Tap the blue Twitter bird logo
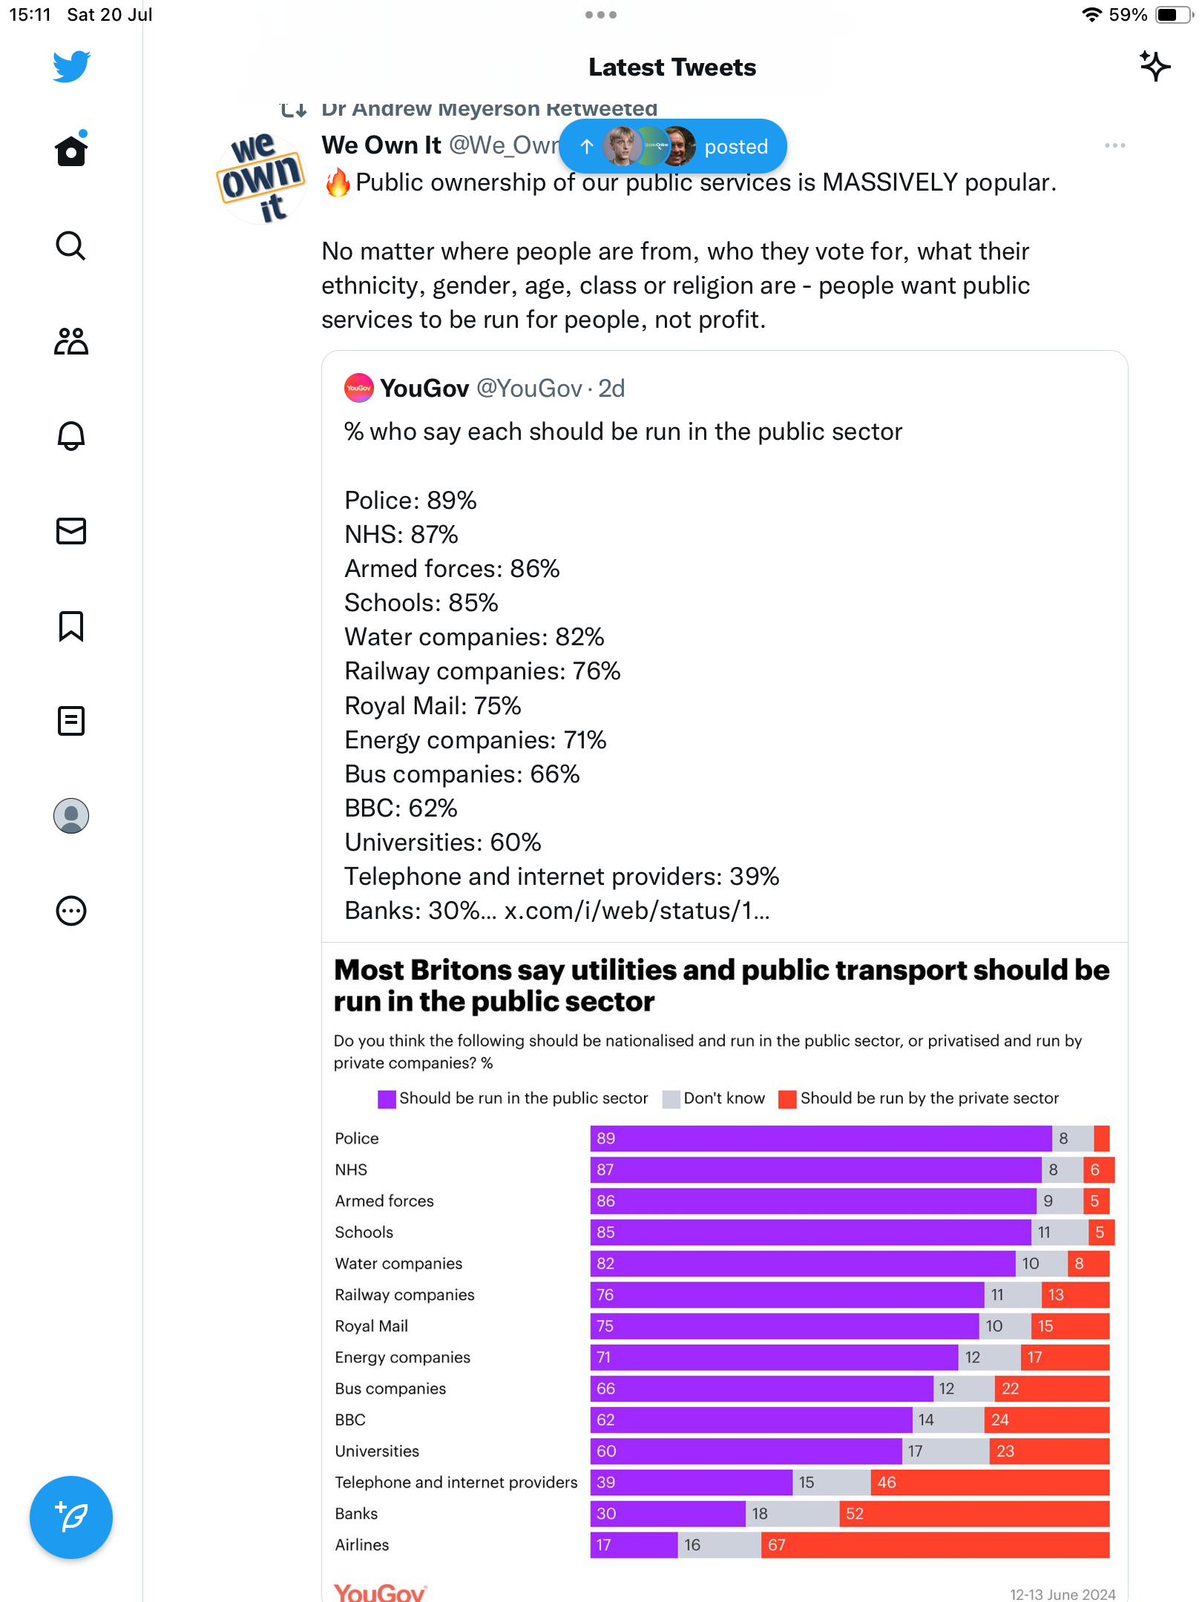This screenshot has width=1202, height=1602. pyautogui.click(x=71, y=66)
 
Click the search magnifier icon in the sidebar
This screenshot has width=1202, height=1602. pyautogui.click(x=71, y=246)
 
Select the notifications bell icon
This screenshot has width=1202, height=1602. pyautogui.click(x=71, y=435)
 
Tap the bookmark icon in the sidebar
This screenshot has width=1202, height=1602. pyautogui.click(x=71, y=626)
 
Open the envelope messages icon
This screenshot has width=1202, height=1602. pyautogui.click(x=71, y=531)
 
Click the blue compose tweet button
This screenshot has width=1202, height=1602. pyautogui.click(x=71, y=1517)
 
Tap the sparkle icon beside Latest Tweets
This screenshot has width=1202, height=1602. pyautogui.click(x=1155, y=67)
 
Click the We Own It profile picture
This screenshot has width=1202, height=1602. pyautogui.click(x=260, y=178)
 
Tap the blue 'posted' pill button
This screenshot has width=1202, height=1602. pyautogui.click(x=672, y=146)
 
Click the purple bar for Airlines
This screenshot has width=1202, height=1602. pyautogui.click(x=634, y=1545)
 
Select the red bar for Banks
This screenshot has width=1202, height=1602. pyautogui.click(x=974, y=1514)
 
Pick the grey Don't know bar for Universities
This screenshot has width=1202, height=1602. pyautogui.click(x=945, y=1451)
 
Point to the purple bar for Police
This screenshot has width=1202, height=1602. pyautogui.click(x=821, y=1138)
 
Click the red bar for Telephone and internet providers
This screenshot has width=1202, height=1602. pyautogui.click(x=990, y=1483)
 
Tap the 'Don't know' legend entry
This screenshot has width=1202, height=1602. pyautogui.click(x=714, y=1098)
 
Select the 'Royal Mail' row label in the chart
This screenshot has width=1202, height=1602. pyautogui.click(x=371, y=1326)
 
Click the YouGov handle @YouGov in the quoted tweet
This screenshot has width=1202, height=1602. pyautogui.click(x=529, y=389)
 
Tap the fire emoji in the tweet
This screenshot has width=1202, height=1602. pyautogui.click(x=338, y=182)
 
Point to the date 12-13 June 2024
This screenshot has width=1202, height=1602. pyautogui.click(x=1062, y=1594)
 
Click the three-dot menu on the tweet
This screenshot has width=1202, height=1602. pyautogui.click(x=1114, y=145)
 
